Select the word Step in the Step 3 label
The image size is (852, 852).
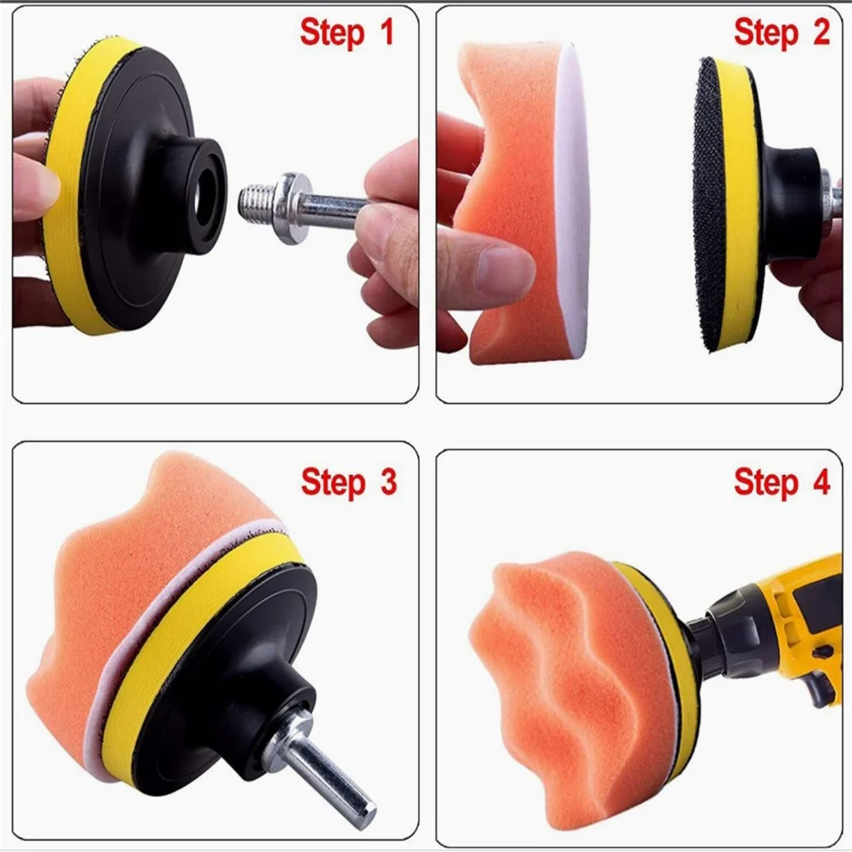pos(333,483)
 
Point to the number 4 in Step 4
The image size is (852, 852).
pos(821,481)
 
